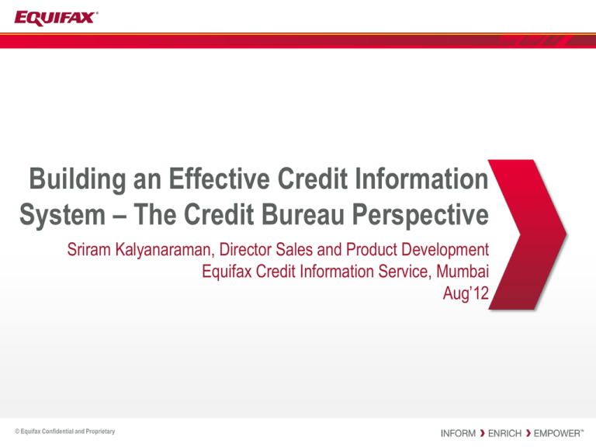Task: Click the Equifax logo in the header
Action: click(56, 19)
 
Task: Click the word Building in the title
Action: click(78, 179)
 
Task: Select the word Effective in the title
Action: click(220, 178)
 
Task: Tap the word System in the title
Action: click(62, 216)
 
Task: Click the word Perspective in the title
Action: click(421, 216)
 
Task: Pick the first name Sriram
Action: click(89, 250)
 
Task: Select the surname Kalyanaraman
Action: click(165, 251)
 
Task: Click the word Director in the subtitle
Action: click(245, 250)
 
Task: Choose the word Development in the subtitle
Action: click(445, 251)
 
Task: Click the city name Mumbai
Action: click(463, 272)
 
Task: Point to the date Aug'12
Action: click(466, 294)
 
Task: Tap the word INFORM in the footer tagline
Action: click(458, 433)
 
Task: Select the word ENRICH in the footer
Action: click(504, 433)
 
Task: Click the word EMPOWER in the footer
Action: click(556, 433)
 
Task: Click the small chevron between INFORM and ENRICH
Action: click(482, 433)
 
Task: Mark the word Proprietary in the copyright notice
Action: click(100, 431)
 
